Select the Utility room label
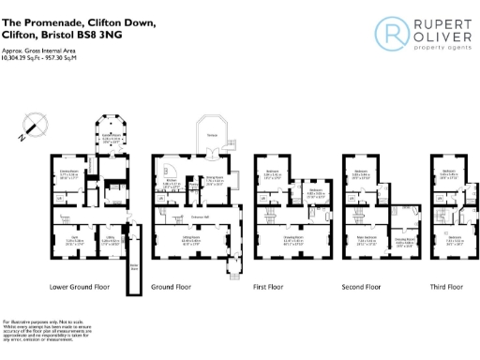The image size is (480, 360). click(109, 239)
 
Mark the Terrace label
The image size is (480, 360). click(213, 135)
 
